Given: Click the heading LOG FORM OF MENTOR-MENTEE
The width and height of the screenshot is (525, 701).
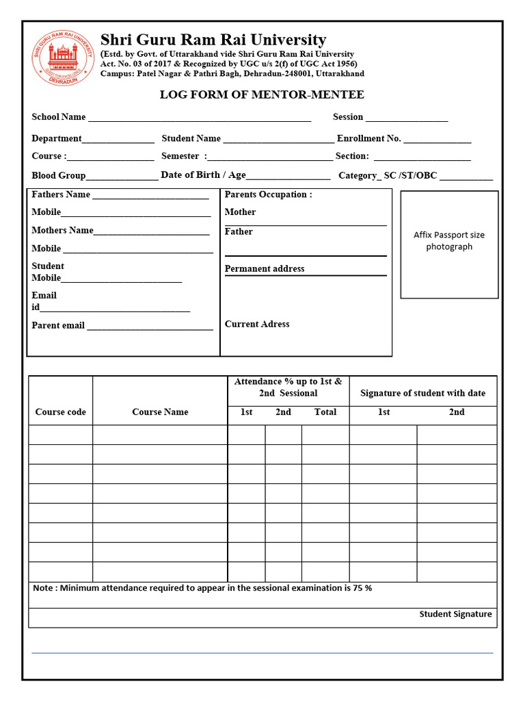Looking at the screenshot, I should pos(262,94).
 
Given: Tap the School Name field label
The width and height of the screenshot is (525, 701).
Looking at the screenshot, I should pos(59,117).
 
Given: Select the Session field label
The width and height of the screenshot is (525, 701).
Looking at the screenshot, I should pos(348,117).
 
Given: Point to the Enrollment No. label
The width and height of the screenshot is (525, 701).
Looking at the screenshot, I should pos(369,138).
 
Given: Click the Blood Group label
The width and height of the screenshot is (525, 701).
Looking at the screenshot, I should pos(59,175).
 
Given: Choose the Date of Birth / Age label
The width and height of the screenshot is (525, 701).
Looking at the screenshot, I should pos(203,175).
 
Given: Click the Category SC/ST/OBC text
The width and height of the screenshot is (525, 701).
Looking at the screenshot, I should pos(388,176).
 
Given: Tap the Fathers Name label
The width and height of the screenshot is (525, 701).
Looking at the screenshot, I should pos(61,194).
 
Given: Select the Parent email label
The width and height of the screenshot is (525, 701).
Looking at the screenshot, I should pos(58,325).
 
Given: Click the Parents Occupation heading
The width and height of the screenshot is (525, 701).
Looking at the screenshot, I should pos(268,194).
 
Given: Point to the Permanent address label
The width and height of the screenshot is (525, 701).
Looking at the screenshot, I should pos(265,268).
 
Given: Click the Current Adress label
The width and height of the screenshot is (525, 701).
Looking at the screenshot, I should pos(257,324).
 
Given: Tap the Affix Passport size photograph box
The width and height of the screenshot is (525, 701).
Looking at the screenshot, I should pos(449,244).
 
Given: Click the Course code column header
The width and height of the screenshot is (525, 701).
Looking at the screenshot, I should pos(61,411).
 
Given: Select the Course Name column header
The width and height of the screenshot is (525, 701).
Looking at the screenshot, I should pos(160,411).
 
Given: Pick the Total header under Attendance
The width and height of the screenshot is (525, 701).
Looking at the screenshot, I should pos(325,411).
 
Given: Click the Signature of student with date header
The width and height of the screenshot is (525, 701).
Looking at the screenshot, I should pos(422,393).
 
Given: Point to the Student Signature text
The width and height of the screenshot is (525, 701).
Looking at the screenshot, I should pos(455,614).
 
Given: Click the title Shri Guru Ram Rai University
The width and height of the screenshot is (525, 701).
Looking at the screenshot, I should pos(213,40).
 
